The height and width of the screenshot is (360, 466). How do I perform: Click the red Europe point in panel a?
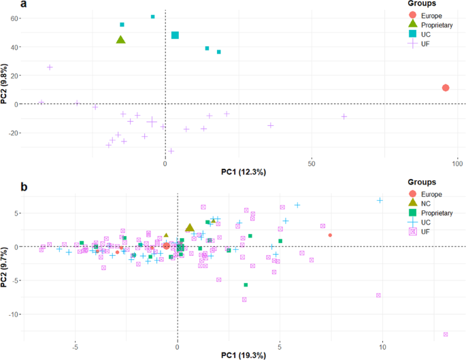(x=446, y=88)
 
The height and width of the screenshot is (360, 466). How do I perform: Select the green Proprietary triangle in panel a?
(x=121, y=39)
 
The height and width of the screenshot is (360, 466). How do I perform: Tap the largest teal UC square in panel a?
(x=175, y=35)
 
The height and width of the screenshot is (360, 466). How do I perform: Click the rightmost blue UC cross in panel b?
(x=380, y=200)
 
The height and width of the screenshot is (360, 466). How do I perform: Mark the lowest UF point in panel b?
(x=446, y=334)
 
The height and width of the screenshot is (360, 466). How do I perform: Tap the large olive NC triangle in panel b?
(x=190, y=228)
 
